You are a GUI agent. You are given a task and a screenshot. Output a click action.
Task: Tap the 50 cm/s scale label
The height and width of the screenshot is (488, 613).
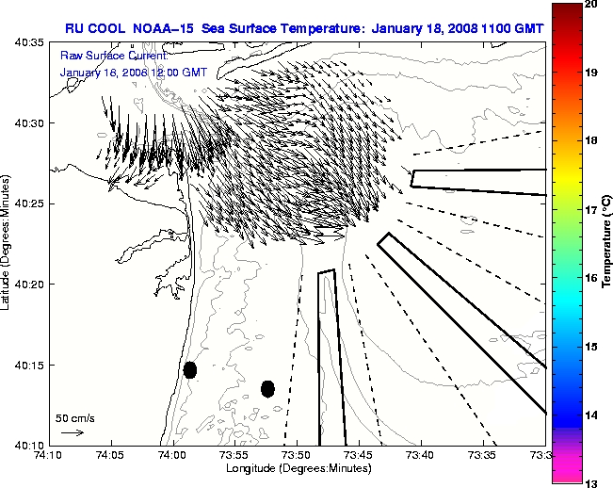coord(74,417)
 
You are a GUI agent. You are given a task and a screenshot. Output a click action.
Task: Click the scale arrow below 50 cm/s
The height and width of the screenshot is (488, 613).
coord(72,432)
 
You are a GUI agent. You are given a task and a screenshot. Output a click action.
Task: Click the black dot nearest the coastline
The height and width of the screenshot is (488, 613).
coord(189,369)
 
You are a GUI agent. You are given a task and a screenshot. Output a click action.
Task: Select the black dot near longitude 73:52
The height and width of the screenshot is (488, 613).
coord(267,388)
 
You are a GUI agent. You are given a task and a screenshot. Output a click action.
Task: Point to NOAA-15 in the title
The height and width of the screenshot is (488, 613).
coord(159,28)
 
